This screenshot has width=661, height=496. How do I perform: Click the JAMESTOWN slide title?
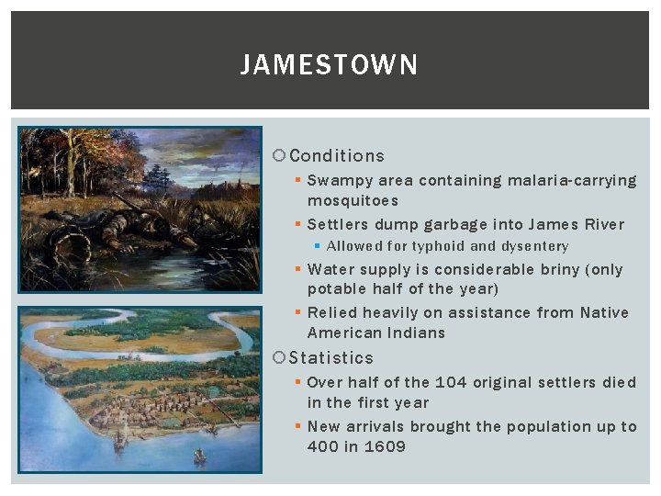click(x=329, y=65)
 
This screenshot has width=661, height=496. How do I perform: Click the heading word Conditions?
click(x=336, y=156)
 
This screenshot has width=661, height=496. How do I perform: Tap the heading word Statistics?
click(x=330, y=358)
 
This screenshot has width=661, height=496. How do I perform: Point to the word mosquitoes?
click(x=353, y=201)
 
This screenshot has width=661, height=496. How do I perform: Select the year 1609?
click(x=385, y=447)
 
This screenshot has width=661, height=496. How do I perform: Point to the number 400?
click(x=323, y=447)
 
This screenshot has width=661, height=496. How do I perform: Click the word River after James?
click(x=602, y=225)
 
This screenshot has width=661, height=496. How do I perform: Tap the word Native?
click(x=605, y=313)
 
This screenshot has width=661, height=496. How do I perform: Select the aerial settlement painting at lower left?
click(x=140, y=389)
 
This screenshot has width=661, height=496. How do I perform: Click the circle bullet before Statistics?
click(x=281, y=358)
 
